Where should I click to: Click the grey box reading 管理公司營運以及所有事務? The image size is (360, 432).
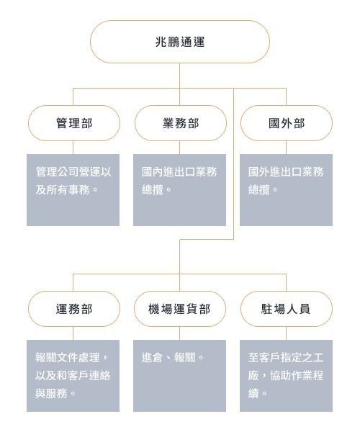73,190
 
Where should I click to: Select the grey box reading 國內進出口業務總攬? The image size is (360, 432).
179,190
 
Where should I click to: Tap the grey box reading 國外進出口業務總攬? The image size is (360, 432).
286,190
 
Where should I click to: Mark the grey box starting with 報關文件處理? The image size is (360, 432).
73,376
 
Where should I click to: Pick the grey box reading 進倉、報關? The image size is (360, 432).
179,376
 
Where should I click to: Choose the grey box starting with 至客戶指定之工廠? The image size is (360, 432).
286,376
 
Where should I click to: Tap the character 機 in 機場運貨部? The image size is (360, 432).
154,309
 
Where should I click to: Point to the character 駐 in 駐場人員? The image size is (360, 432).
267,309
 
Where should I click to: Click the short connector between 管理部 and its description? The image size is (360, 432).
73,148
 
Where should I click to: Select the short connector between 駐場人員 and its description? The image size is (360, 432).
286,333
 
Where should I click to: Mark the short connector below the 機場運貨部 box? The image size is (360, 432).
179,333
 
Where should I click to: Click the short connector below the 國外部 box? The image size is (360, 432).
286,148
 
